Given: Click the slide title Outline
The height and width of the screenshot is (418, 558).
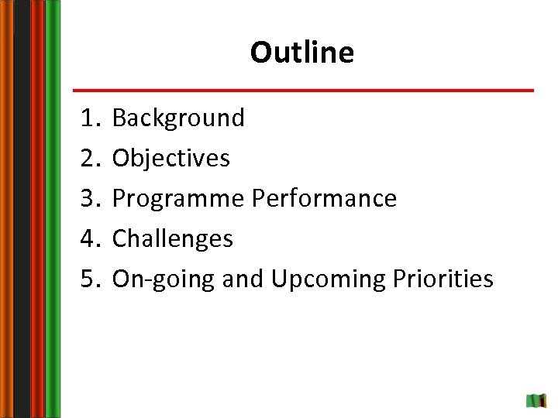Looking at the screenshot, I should point(301,53).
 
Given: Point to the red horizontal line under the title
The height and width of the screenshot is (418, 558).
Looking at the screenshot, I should point(303,91).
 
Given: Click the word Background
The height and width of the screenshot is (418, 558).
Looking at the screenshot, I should point(178,118).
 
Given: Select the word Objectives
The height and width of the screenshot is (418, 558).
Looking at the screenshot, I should point(171,159).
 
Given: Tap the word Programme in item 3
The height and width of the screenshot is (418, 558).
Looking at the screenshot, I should point(178,199).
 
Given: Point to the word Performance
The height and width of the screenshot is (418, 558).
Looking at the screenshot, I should point(324,199).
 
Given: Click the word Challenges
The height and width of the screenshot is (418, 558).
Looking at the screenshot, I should point(172,239).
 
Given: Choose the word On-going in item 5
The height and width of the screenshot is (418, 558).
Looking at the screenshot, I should point(164,279).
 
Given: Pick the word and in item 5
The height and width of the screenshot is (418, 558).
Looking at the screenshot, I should point(243,279).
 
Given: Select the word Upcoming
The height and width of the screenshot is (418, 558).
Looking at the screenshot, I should point(327,279).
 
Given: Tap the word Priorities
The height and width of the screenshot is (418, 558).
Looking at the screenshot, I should point(443,279).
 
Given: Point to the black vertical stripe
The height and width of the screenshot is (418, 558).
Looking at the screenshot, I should point(22,209).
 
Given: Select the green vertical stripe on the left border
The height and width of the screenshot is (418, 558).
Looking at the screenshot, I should point(53,209).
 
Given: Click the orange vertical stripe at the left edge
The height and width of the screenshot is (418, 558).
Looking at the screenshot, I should point(6,209).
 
